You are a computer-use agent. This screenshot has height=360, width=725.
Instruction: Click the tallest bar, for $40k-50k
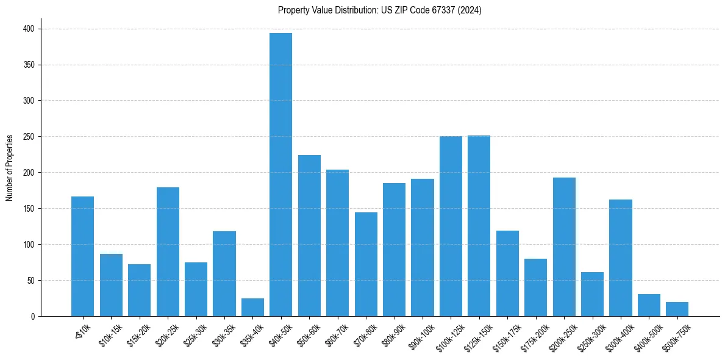[280, 175]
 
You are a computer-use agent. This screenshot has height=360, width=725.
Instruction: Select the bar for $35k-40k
[252, 308]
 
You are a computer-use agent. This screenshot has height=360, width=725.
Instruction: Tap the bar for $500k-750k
[677, 309]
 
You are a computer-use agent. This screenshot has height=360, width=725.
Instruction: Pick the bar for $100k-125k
[451, 226]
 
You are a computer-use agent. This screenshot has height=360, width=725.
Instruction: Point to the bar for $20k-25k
[168, 252]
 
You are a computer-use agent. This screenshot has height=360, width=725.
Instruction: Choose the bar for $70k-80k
[366, 264]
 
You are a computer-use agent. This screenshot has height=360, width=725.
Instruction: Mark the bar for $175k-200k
[535, 287]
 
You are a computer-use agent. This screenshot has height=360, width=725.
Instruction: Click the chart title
[379, 10]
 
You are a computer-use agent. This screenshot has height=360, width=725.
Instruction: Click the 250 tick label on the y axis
[29, 137]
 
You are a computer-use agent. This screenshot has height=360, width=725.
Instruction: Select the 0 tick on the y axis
[34, 317]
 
